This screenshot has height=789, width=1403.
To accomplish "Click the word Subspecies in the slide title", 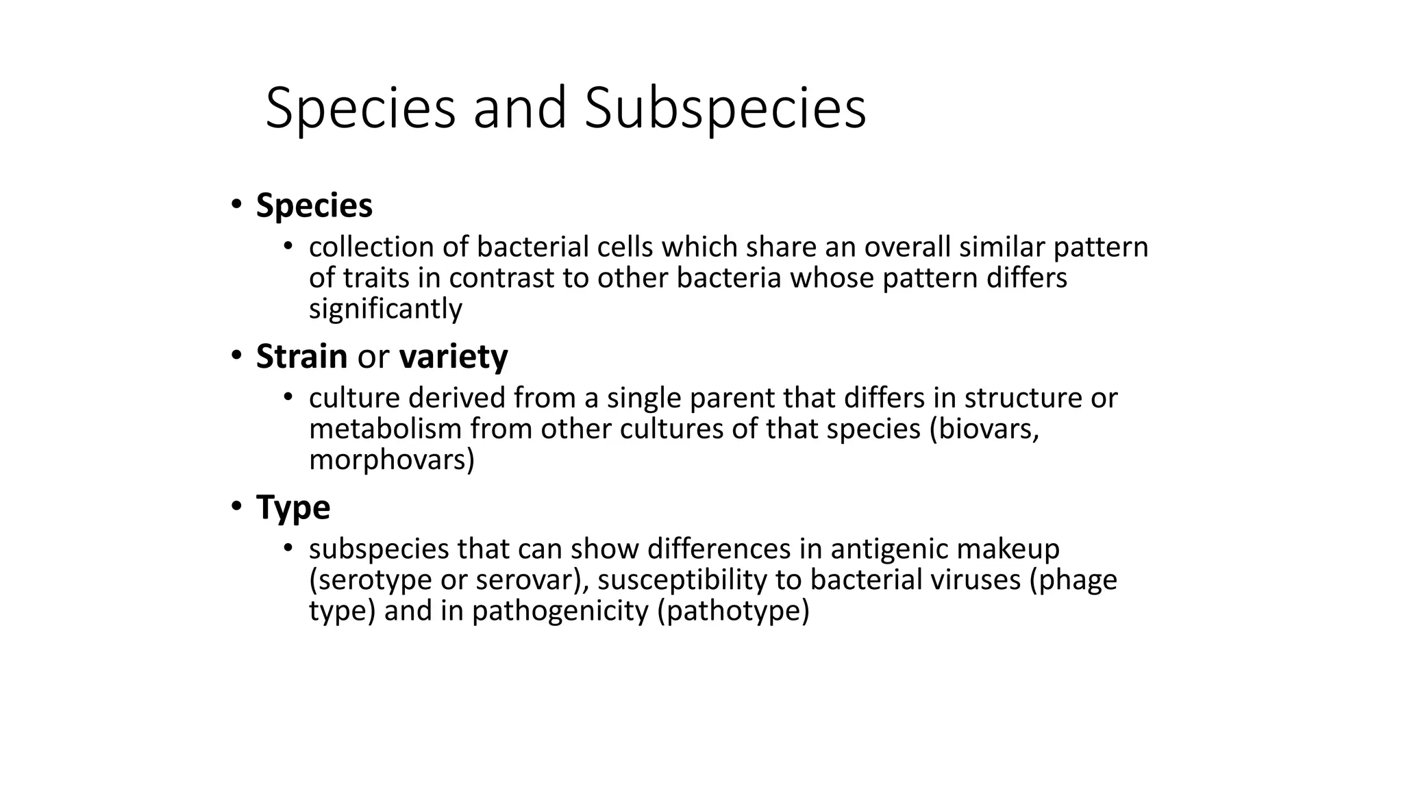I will (x=725, y=108).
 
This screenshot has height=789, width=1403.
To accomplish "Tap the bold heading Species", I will (x=314, y=205).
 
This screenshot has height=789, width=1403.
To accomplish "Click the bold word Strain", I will (x=301, y=356).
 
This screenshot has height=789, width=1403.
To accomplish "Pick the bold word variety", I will (x=454, y=357).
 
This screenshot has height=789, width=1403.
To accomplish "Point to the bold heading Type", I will (x=293, y=508).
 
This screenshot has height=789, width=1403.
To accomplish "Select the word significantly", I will (x=386, y=309).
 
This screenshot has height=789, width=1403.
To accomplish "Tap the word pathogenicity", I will (x=560, y=611).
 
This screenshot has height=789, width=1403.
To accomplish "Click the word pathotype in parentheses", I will (x=733, y=611).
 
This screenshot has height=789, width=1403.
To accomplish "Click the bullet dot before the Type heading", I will (x=236, y=507).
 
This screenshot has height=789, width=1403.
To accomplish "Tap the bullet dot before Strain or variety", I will (x=236, y=355).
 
